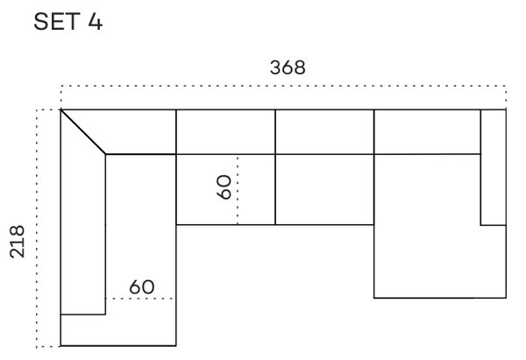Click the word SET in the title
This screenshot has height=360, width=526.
coord(57,21)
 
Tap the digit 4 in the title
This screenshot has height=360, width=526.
coord(96,21)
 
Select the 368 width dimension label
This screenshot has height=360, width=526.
coord(288,67)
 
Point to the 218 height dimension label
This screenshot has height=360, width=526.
coord(18,242)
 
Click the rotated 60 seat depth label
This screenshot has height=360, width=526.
coord(224,187)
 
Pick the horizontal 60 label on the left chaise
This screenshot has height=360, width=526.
coord(142,287)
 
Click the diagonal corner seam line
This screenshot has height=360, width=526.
coord(83,132)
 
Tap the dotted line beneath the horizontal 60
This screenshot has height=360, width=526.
coord(141,299)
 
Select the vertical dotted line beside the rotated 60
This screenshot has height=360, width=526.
coord(238,190)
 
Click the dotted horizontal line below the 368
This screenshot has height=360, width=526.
coord(283,86)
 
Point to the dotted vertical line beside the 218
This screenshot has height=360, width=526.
coord(37,228)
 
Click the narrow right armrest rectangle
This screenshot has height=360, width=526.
coord(494,167)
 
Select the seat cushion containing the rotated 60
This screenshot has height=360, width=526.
coord(225,189)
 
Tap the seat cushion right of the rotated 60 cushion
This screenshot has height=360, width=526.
coord(324,189)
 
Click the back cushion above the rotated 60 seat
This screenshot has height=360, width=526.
coord(225,132)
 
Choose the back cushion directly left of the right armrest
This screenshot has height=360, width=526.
coord(427,131)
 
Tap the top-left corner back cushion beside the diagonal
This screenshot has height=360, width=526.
coord(134,132)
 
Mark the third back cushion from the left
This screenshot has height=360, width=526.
coord(324,132)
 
